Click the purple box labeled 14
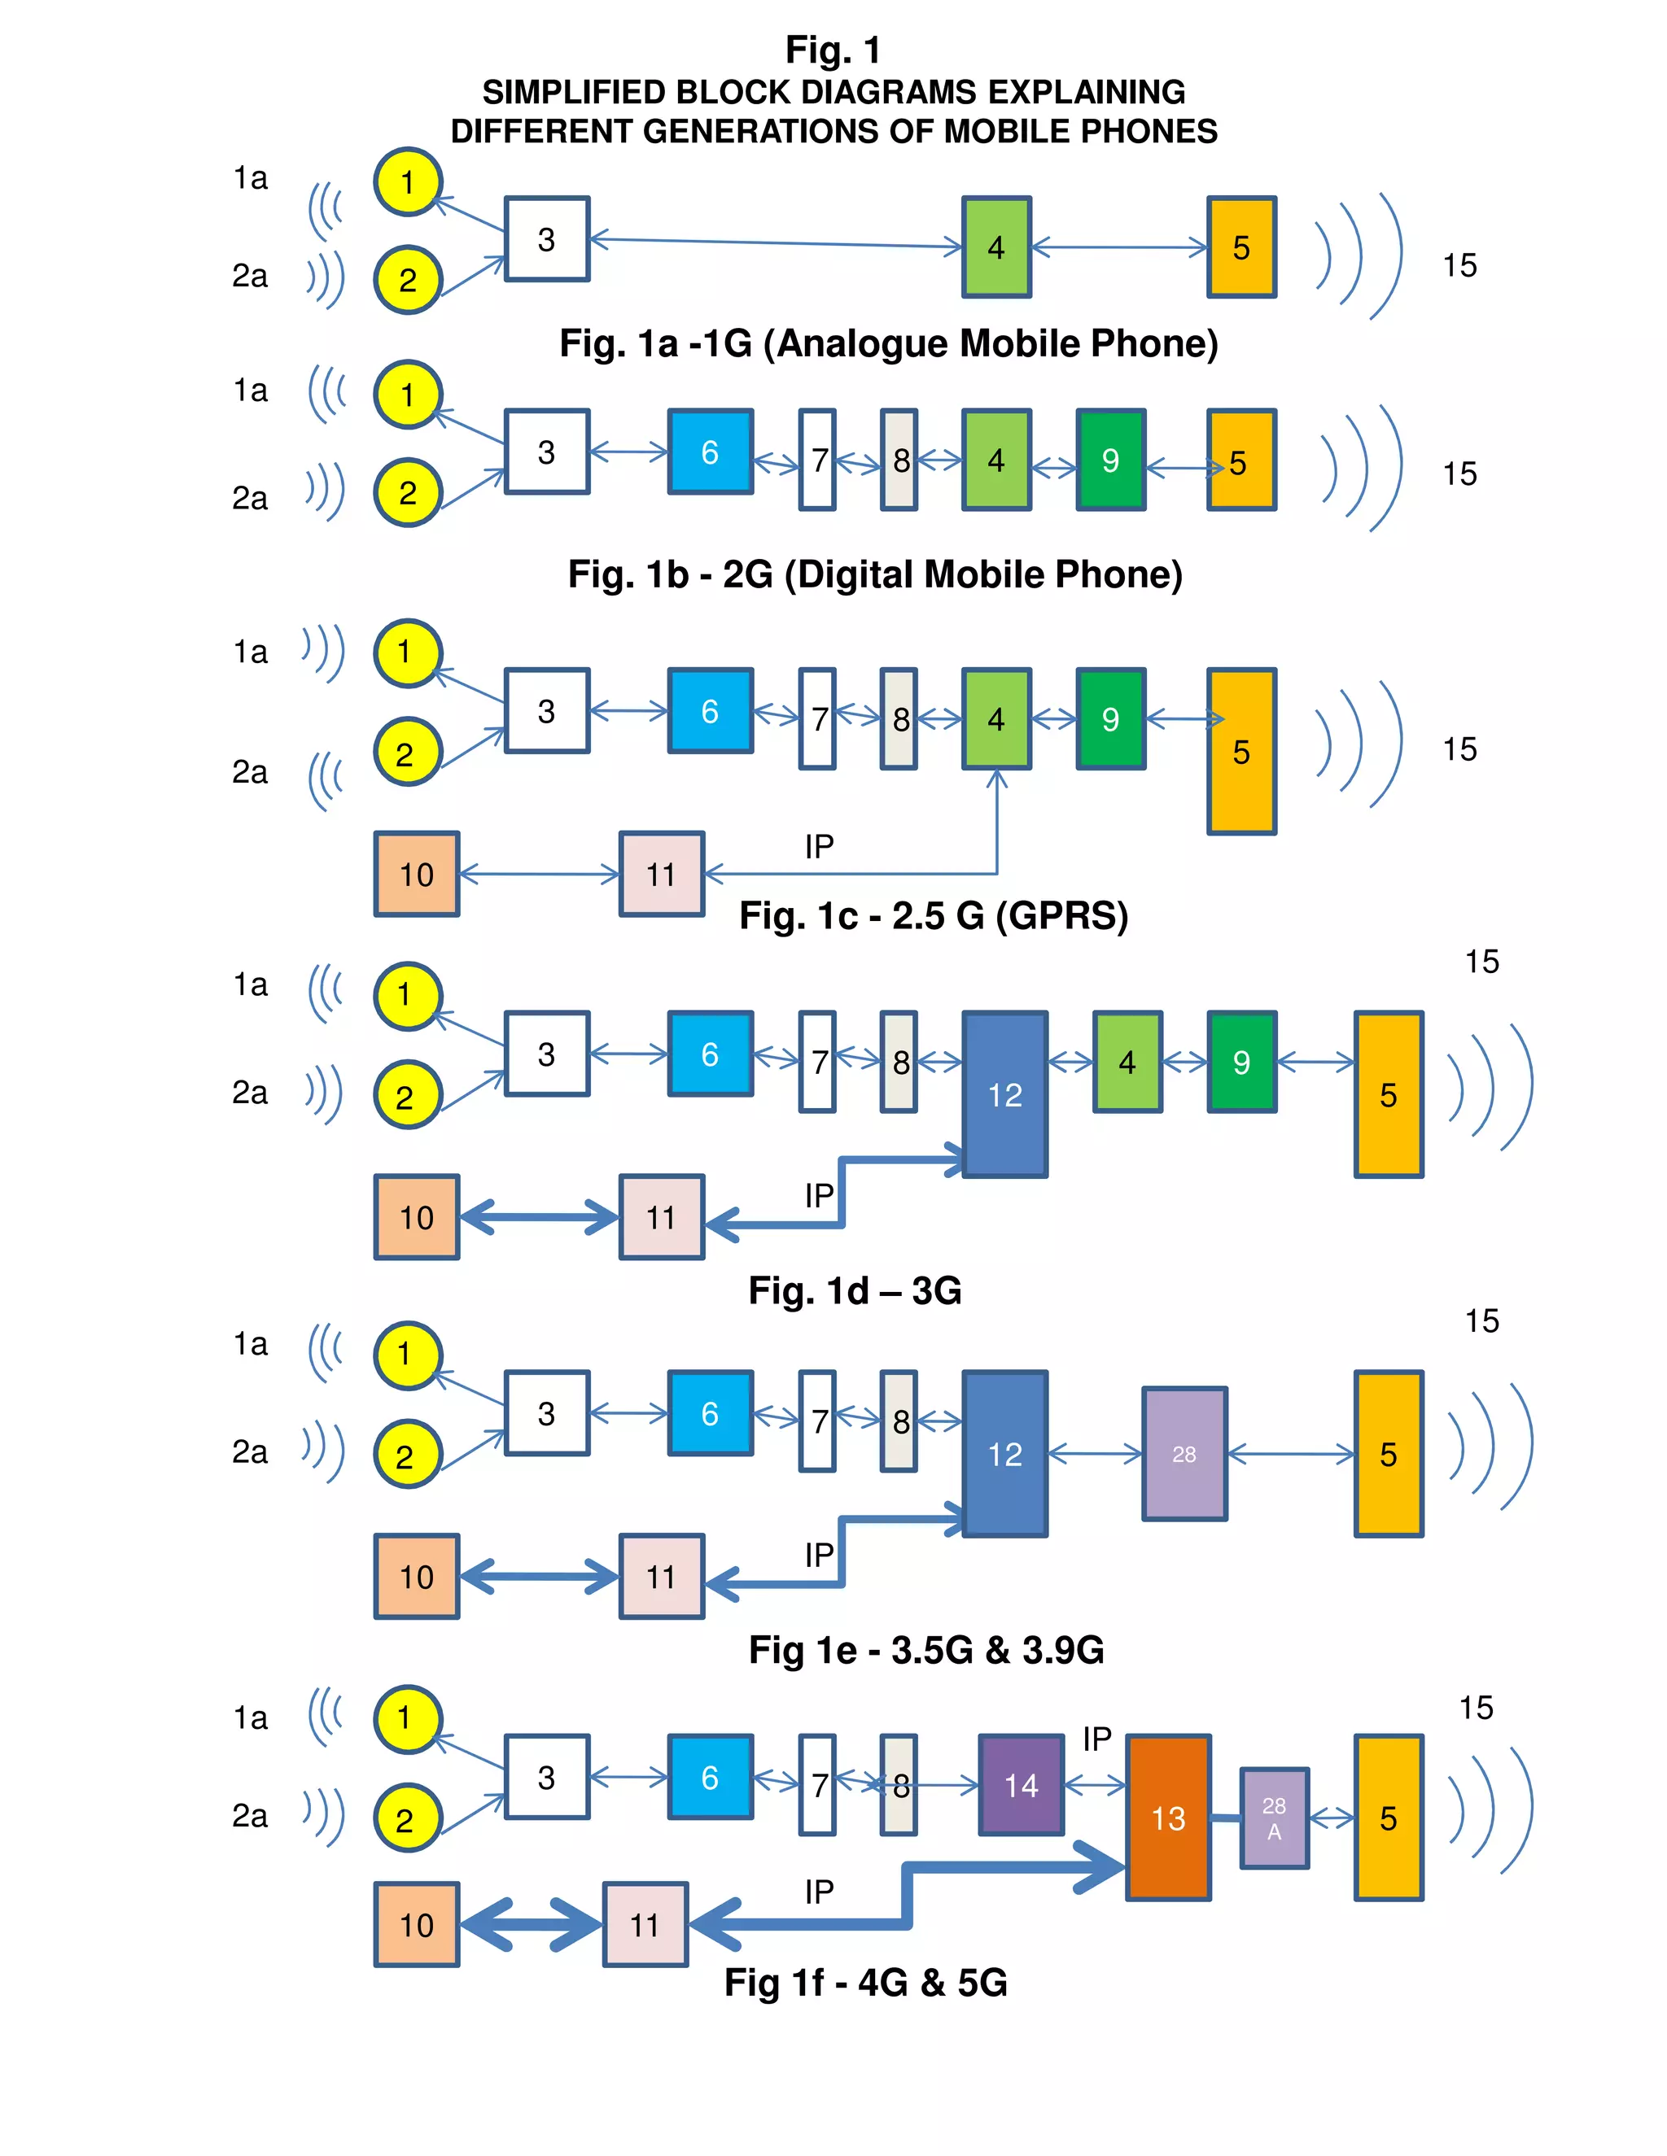[1020, 1785]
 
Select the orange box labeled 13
[1168, 1818]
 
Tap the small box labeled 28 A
[1274, 1818]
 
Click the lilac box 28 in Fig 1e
[1184, 1453]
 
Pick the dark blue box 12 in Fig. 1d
[1004, 1093]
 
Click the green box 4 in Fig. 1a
[996, 247]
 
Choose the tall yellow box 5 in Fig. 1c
[1241, 751]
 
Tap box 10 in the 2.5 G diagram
[417, 874]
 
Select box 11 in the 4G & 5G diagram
[645, 1924]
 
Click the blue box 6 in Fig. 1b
[710, 452]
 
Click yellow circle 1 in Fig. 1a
[408, 181]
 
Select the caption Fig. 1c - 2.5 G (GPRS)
[934, 915]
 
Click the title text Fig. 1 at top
[833, 50]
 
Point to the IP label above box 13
[1097, 1739]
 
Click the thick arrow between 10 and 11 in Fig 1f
[532, 1924]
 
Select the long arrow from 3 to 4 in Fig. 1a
[775, 242]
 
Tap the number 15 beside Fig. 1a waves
[1459, 264]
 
